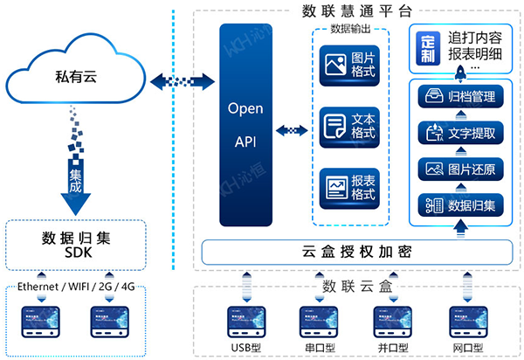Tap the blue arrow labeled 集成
(x=76, y=187)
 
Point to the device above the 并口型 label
(x=389, y=322)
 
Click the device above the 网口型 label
(x=461, y=322)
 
